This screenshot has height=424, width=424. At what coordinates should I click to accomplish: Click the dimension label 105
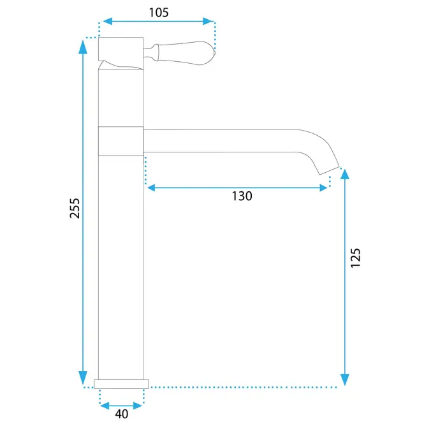coord(159,13)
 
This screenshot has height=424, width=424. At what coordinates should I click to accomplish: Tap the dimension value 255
coord(75,208)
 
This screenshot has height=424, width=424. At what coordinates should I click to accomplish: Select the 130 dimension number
coord(242,196)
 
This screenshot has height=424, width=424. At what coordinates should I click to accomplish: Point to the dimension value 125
coord(355,258)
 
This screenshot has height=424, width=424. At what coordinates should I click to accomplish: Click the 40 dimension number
coord(122,414)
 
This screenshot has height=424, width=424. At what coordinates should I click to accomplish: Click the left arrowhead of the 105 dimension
coord(108,21)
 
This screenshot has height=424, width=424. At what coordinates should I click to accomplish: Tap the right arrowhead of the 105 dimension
coord(208,21)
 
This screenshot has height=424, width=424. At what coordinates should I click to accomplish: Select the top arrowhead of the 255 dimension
coord(83,47)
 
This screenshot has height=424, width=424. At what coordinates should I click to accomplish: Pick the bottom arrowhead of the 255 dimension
coord(83,377)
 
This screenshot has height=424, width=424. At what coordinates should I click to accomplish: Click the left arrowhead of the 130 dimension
coord(151,187)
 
